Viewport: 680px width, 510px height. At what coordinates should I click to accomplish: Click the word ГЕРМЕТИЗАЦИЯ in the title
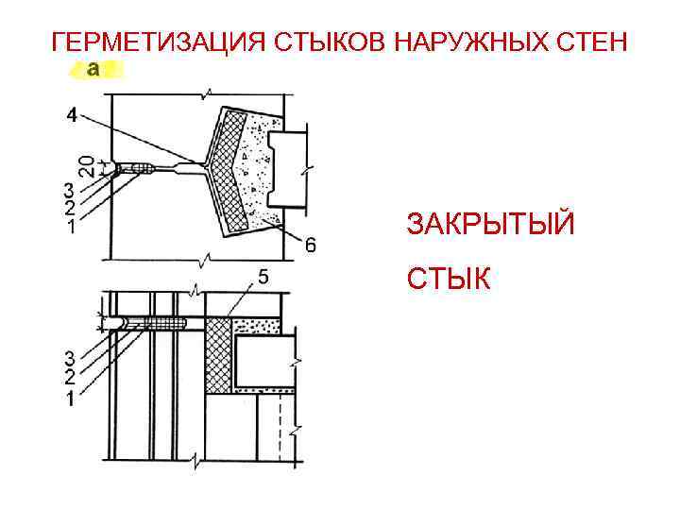(157, 42)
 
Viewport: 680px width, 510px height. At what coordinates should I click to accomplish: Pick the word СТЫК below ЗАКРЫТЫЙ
(449, 279)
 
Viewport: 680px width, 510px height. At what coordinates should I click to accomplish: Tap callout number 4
(74, 116)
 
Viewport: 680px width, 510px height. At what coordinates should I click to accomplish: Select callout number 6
(310, 246)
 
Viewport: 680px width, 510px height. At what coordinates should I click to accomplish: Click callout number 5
(263, 277)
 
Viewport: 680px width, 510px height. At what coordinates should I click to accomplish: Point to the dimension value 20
(86, 165)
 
